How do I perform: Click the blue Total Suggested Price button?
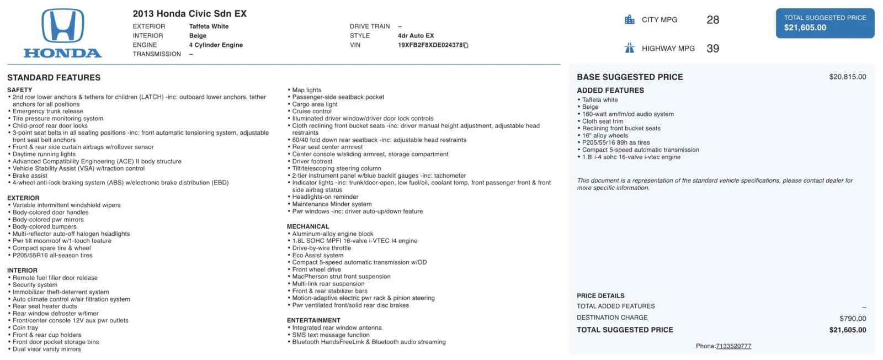(x=825, y=23)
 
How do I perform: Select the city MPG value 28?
(x=712, y=20)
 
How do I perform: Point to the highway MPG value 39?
(x=712, y=49)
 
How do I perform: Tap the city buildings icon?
(x=630, y=20)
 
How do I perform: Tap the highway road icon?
(x=630, y=48)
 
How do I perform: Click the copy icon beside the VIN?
(x=466, y=45)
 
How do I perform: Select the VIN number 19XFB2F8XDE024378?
(x=430, y=45)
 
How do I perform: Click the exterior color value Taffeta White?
(x=209, y=27)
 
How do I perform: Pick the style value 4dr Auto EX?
(x=416, y=36)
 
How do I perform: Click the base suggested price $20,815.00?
(x=847, y=77)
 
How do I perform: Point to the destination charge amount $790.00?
(x=853, y=319)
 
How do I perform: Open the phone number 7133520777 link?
(x=733, y=346)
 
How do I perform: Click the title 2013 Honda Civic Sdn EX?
(x=189, y=14)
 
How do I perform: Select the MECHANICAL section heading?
(x=308, y=226)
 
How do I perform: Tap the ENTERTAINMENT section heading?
(x=313, y=320)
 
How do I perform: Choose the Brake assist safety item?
(x=30, y=176)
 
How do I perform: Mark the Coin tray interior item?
(x=25, y=328)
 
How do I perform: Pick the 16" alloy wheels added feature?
(x=605, y=136)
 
